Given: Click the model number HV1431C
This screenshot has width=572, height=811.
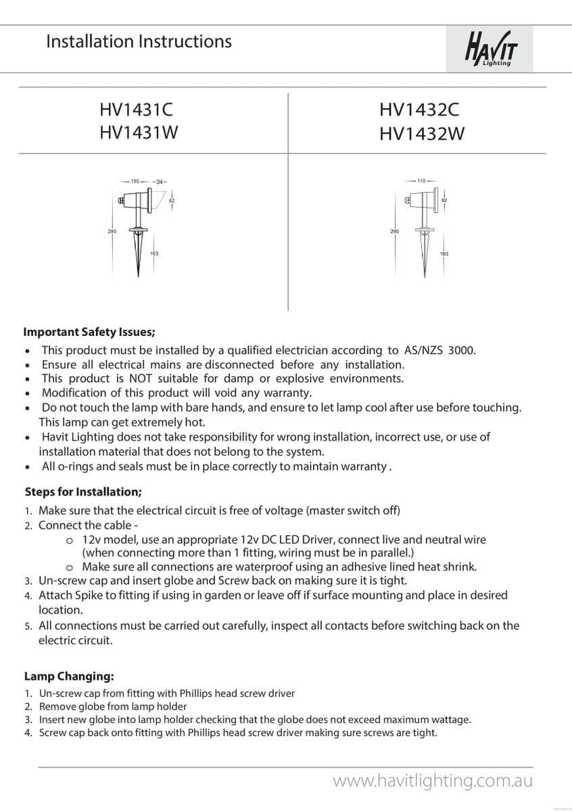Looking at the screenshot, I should pos(140,109).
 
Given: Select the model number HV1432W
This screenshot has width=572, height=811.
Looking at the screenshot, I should pos(422,133).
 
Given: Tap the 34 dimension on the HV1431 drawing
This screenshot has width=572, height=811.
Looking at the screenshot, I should pos(159,182).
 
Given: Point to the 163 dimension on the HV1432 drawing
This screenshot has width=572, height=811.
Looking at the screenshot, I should pos(444,254).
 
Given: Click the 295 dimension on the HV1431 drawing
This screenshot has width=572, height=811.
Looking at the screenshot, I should pos(112,232).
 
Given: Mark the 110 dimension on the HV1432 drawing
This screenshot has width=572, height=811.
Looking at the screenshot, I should pos(421,181).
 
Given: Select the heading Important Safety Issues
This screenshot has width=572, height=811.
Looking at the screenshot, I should pos(89,332).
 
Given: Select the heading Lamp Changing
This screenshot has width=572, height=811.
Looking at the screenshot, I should pos(69,676).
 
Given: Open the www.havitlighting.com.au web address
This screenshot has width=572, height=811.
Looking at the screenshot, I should pos(433,781).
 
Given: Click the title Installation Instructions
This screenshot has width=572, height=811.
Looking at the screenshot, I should pos(139,41).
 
